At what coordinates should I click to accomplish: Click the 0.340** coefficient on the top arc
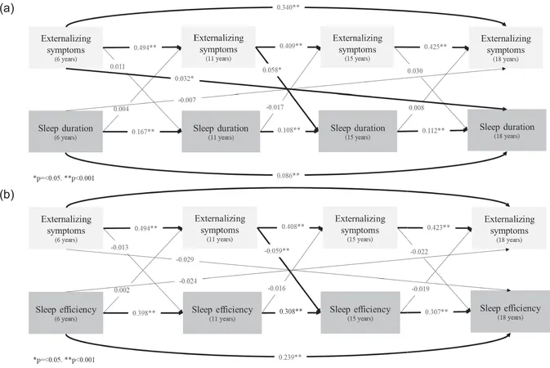pyautogui.click(x=288, y=7)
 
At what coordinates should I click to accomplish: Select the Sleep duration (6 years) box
pyautogui.click(x=65, y=132)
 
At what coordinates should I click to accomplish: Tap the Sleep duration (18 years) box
pyautogui.click(x=507, y=130)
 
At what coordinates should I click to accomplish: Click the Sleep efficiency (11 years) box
pyautogui.click(x=221, y=312)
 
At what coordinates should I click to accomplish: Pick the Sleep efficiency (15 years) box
pyautogui.click(x=360, y=312)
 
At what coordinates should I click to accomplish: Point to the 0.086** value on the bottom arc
pyautogui.click(x=288, y=175)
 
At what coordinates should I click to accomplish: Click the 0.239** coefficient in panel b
pyautogui.click(x=290, y=357)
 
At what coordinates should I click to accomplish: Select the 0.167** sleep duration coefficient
pyautogui.click(x=143, y=132)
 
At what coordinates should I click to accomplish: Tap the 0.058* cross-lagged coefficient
pyautogui.click(x=272, y=70)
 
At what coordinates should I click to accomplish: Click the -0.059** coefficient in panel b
pyautogui.click(x=277, y=250)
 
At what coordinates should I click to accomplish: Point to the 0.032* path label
pyautogui.click(x=184, y=79)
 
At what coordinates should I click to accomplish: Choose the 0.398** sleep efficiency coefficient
pyautogui.click(x=144, y=313)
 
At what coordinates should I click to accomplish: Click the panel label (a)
pyautogui.click(x=7, y=9)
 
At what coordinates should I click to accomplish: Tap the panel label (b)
pyautogui.click(x=7, y=195)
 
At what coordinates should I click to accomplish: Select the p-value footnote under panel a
pyautogui.click(x=64, y=178)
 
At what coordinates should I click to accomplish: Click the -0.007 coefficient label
pyautogui.click(x=187, y=100)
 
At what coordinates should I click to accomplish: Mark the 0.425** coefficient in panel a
pyautogui.click(x=436, y=47)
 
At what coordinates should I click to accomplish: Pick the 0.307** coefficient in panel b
pyautogui.click(x=436, y=312)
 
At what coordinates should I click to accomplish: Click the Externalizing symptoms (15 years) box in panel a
pyautogui.click(x=357, y=47)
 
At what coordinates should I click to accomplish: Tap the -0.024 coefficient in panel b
pyautogui.click(x=188, y=281)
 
